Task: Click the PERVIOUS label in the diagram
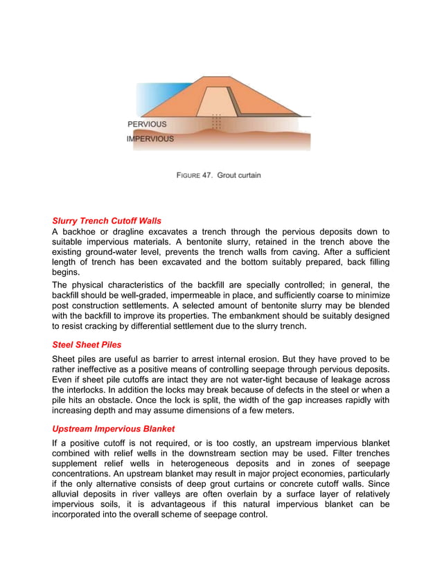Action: coord(147,125)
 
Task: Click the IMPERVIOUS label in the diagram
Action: coord(150,138)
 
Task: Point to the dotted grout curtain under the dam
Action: coord(217,122)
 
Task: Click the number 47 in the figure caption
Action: coord(206,175)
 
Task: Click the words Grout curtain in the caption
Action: coord(239,175)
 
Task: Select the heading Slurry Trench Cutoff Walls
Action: coord(107,221)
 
